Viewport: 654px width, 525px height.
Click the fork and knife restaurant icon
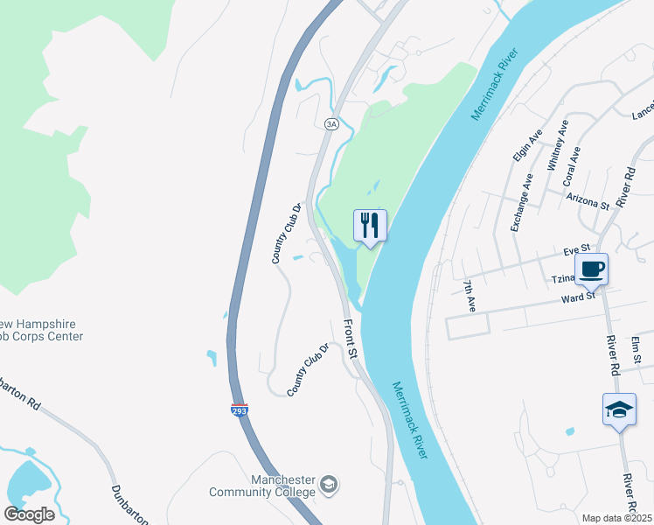(370, 225)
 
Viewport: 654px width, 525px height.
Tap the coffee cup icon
(591, 269)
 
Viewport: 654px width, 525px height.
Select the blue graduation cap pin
(619, 409)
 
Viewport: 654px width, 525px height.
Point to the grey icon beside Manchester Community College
(329, 484)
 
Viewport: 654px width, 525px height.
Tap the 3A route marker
(331, 124)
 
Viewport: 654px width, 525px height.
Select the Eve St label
(579, 249)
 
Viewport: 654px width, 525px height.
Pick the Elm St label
(637, 348)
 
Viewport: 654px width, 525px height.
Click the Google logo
(29, 514)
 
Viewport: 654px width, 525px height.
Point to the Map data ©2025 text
(616, 518)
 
